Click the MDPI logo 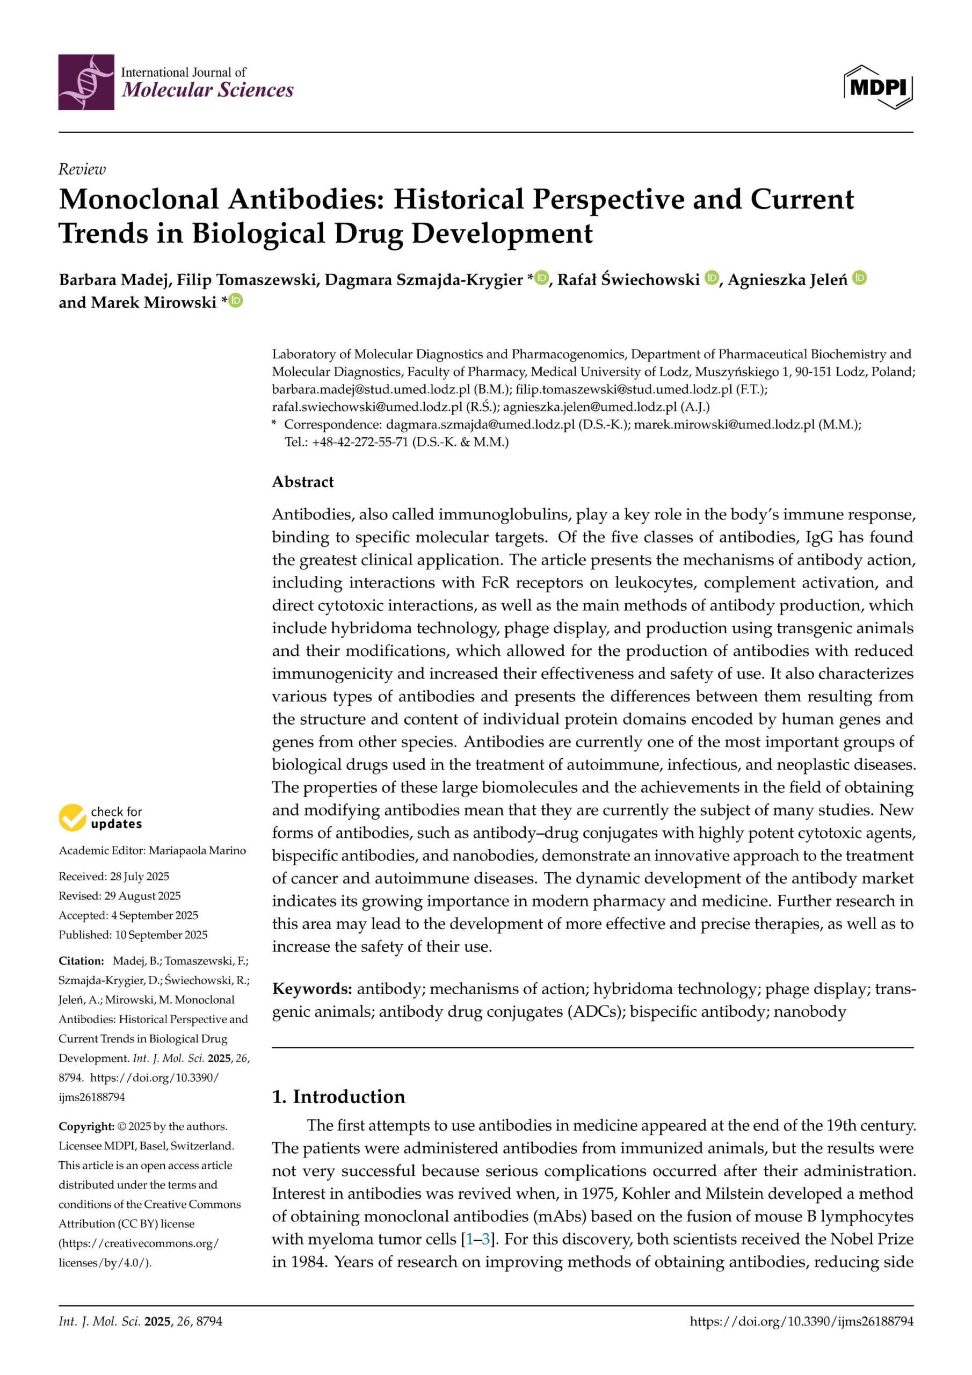[x=878, y=88]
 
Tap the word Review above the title [x=82, y=170]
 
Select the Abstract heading [x=302, y=482]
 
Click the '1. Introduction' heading [x=338, y=1097]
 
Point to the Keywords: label [x=311, y=989]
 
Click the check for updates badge [x=100, y=817]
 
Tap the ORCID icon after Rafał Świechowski [x=712, y=278]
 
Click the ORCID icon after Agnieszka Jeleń [x=859, y=278]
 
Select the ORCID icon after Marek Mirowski [x=236, y=301]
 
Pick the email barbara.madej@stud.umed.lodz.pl [x=371, y=389]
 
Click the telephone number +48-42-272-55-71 [x=360, y=442]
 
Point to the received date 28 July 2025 [x=140, y=876]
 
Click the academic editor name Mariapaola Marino [x=197, y=850]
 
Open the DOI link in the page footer [x=801, y=1321]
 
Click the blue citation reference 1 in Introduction [x=469, y=1239]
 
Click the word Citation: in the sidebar [x=82, y=960]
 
